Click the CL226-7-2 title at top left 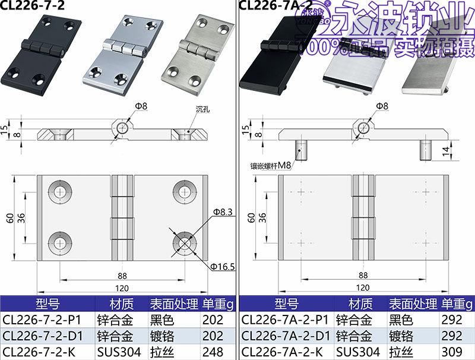(33, 5)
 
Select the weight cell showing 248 (213, 352)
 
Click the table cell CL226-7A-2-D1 (286, 336)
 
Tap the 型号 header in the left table (47, 304)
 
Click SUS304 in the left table (119, 352)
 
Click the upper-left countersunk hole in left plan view (61, 191)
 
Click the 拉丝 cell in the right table (401, 352)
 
